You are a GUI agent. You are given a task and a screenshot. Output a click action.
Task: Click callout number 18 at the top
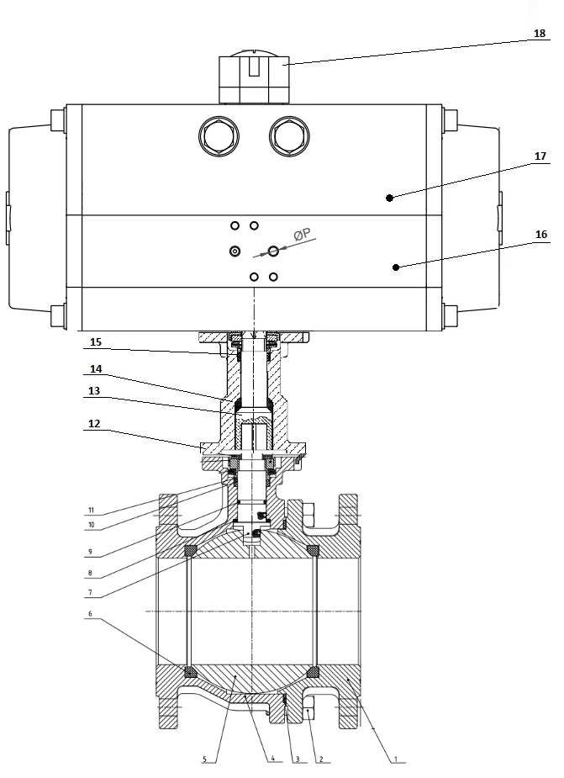(x=539, y=34)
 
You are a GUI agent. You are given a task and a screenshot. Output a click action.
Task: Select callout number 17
(x=539, y=156)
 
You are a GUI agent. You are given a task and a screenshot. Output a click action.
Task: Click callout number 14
(x=95, y=369)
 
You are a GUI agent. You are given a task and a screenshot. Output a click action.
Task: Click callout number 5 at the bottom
(x=204, y=759)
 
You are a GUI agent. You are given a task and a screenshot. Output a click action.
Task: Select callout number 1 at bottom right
(x=394, y=759)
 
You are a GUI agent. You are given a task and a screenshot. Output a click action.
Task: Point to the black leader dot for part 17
(x=389, y=197)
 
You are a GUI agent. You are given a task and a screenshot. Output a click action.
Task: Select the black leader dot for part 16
(x=395, y=267)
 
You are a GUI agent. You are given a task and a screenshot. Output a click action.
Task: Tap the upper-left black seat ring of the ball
(x=191, y=551)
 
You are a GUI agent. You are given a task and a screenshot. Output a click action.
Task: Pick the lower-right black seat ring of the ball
(x=314, y=671)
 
